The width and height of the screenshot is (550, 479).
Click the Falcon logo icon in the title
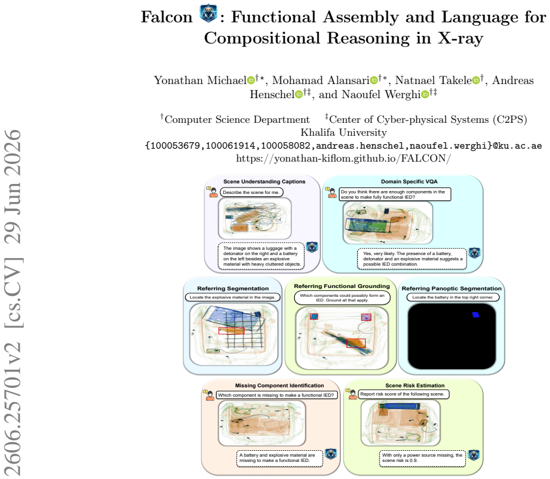pos(209,14)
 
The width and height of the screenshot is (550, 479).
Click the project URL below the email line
pos(343,159)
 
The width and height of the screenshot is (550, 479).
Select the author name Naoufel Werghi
pos(381,95)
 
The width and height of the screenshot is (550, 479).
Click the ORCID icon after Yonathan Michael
pos(251,81)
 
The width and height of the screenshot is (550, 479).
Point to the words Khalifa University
pos(343,132)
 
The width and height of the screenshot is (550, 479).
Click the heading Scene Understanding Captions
pos(264,182)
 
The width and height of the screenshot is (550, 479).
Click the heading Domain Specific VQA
pos(409,182)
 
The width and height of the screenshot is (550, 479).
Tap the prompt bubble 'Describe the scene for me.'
pos(251,192)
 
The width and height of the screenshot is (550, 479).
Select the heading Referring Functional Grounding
pos(341,286)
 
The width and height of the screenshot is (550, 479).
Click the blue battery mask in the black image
pos(475,315)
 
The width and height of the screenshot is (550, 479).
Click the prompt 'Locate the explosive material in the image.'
pos(233,297)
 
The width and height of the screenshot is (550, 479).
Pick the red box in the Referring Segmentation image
pos(232,330)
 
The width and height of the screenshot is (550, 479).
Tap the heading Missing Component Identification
pos(279,386)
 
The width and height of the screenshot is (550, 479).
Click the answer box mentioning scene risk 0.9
pos(422,458)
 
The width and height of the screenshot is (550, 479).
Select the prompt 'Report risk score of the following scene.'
pos(403,394)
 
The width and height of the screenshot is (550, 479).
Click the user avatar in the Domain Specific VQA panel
pos(332,193)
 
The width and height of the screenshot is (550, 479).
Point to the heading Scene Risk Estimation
pos(415,386)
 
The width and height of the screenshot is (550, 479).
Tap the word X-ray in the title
pos(460,38)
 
